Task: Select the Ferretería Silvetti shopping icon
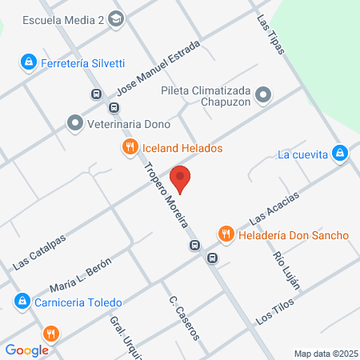[x=28, y=61]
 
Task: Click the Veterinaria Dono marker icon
[x=75, y=123]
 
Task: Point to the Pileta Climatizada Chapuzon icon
[x=265, y=97]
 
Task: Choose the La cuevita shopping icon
[x=340, y=153]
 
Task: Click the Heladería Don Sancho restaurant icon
[x=226, y=234]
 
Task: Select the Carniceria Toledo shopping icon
[x=21, y=302]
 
